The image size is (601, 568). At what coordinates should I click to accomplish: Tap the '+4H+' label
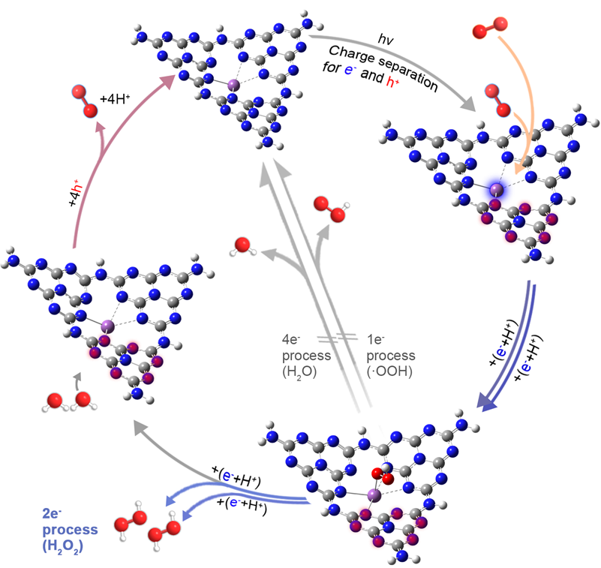coord(116,98)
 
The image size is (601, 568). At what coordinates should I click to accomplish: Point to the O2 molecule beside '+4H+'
coord(84,102)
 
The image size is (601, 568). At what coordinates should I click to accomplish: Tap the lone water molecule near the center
coord(242,247)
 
